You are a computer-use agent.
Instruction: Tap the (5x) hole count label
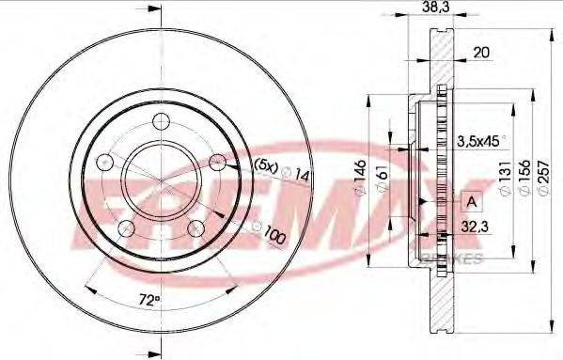[x=267, y=165]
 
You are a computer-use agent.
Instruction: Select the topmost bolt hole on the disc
[x=159, y=119]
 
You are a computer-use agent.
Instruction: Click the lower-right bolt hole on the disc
[x=195, y=227]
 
